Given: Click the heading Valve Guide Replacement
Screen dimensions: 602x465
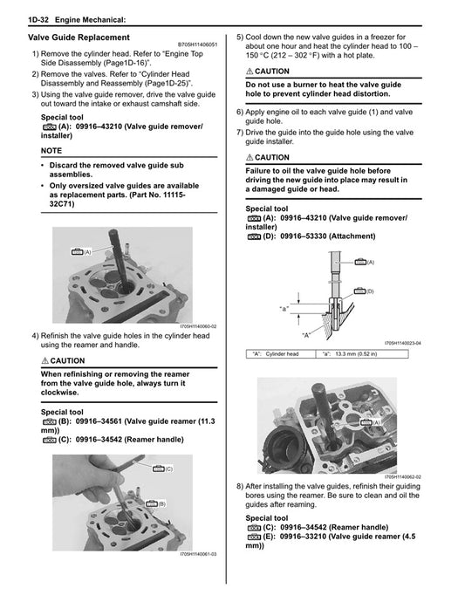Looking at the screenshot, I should [x=79, y=38].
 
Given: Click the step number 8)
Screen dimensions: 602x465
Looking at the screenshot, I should [x=241, y=486].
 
